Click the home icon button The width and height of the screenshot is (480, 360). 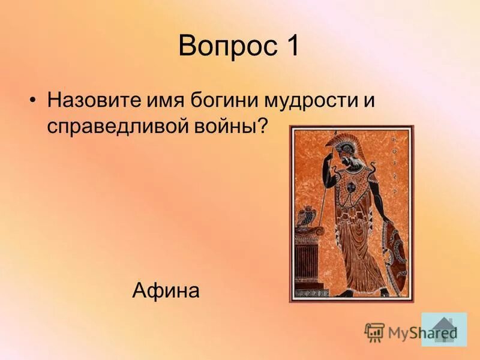pos(443,329)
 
